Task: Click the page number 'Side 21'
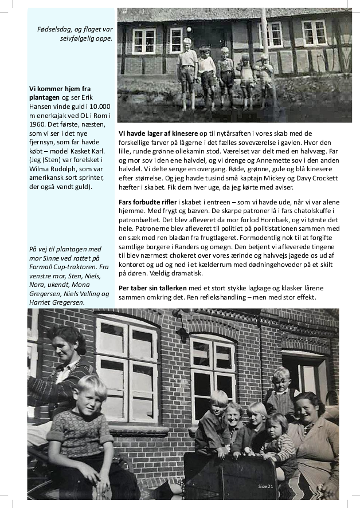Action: point(265,486)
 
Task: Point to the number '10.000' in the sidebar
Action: point(100,107)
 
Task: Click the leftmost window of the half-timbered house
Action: point(144,40)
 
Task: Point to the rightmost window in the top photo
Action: point(314,33)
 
